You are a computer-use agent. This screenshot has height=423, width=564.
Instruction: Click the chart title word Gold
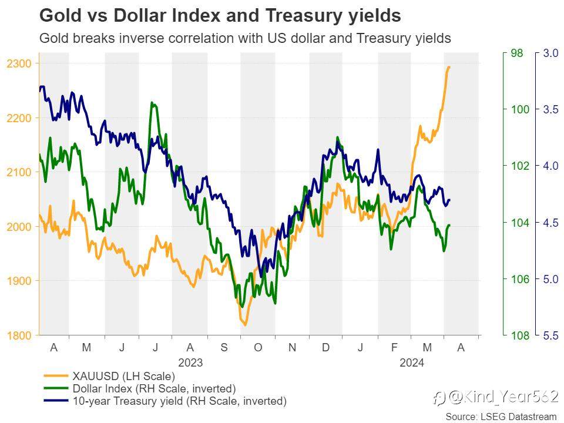(61, 16)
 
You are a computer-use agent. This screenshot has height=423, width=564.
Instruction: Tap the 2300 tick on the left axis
(19, 63)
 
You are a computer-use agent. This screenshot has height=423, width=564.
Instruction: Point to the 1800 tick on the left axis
(19, 335)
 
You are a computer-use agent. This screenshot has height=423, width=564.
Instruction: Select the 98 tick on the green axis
(517, 53)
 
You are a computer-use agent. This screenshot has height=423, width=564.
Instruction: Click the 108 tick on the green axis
(520, 335)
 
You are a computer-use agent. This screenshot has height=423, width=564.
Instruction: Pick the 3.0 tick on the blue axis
(550, 53)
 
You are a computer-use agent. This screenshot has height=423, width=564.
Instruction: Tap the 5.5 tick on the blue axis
(550, 335)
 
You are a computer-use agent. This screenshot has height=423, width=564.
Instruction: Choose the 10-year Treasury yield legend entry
(164, 401)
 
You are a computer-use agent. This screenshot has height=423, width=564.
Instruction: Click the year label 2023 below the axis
(190, 362)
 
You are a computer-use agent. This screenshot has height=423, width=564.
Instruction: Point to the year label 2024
(412, 362)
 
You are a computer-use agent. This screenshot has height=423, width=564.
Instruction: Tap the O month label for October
(258, 347)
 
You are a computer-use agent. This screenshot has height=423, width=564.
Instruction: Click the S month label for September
(224, 347)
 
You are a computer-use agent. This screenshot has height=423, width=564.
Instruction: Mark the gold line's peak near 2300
(448, 67)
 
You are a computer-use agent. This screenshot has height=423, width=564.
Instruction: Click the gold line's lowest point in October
(246, 325)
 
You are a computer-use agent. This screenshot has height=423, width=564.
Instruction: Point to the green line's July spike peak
(152, 103)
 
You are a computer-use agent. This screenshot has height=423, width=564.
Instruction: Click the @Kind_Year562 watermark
(496, 397)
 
